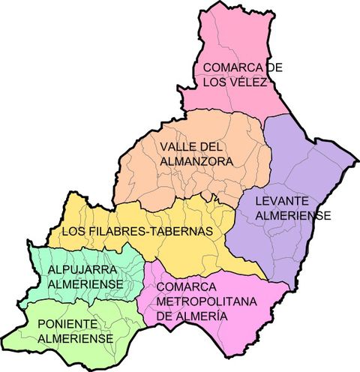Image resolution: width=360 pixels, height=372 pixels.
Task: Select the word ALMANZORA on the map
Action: click(196, 161)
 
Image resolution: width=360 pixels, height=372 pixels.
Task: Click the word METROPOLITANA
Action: click(206, 301)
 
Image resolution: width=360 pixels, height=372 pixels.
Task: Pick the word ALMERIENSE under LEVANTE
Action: click(292, 215)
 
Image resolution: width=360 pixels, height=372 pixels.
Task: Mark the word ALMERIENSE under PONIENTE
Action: click(76, 338)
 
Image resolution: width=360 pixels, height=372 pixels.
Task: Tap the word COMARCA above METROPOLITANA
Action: click(186, 286)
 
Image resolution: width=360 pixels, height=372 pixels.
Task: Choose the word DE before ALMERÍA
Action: click(166, 316)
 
